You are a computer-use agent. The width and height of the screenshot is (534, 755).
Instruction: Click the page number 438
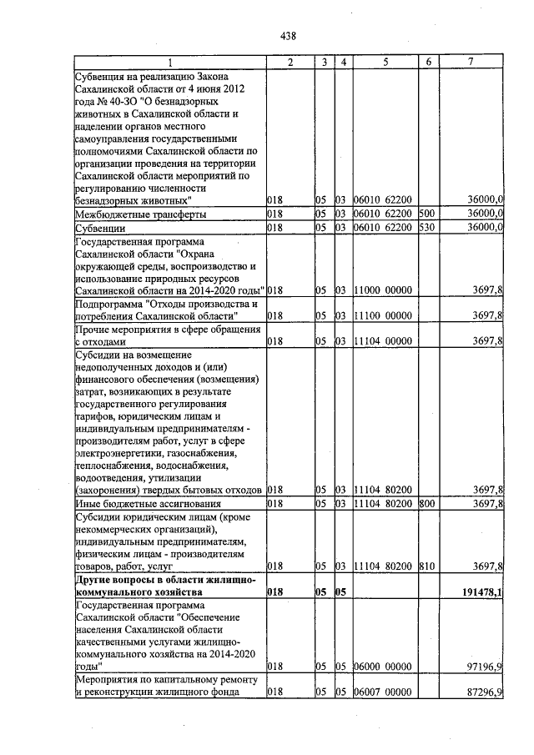(289, 36)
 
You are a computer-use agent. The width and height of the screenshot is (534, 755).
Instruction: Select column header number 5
(385, 63)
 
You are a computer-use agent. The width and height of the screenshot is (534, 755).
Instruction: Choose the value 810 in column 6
(426, 566)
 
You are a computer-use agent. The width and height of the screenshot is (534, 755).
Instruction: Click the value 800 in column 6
(426, 504)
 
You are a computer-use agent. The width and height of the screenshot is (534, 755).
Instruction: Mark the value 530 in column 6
(426, 227)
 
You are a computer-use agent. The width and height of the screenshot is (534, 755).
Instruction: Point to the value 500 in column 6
(426, 214)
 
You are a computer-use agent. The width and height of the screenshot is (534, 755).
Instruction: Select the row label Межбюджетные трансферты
(140, 214)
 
